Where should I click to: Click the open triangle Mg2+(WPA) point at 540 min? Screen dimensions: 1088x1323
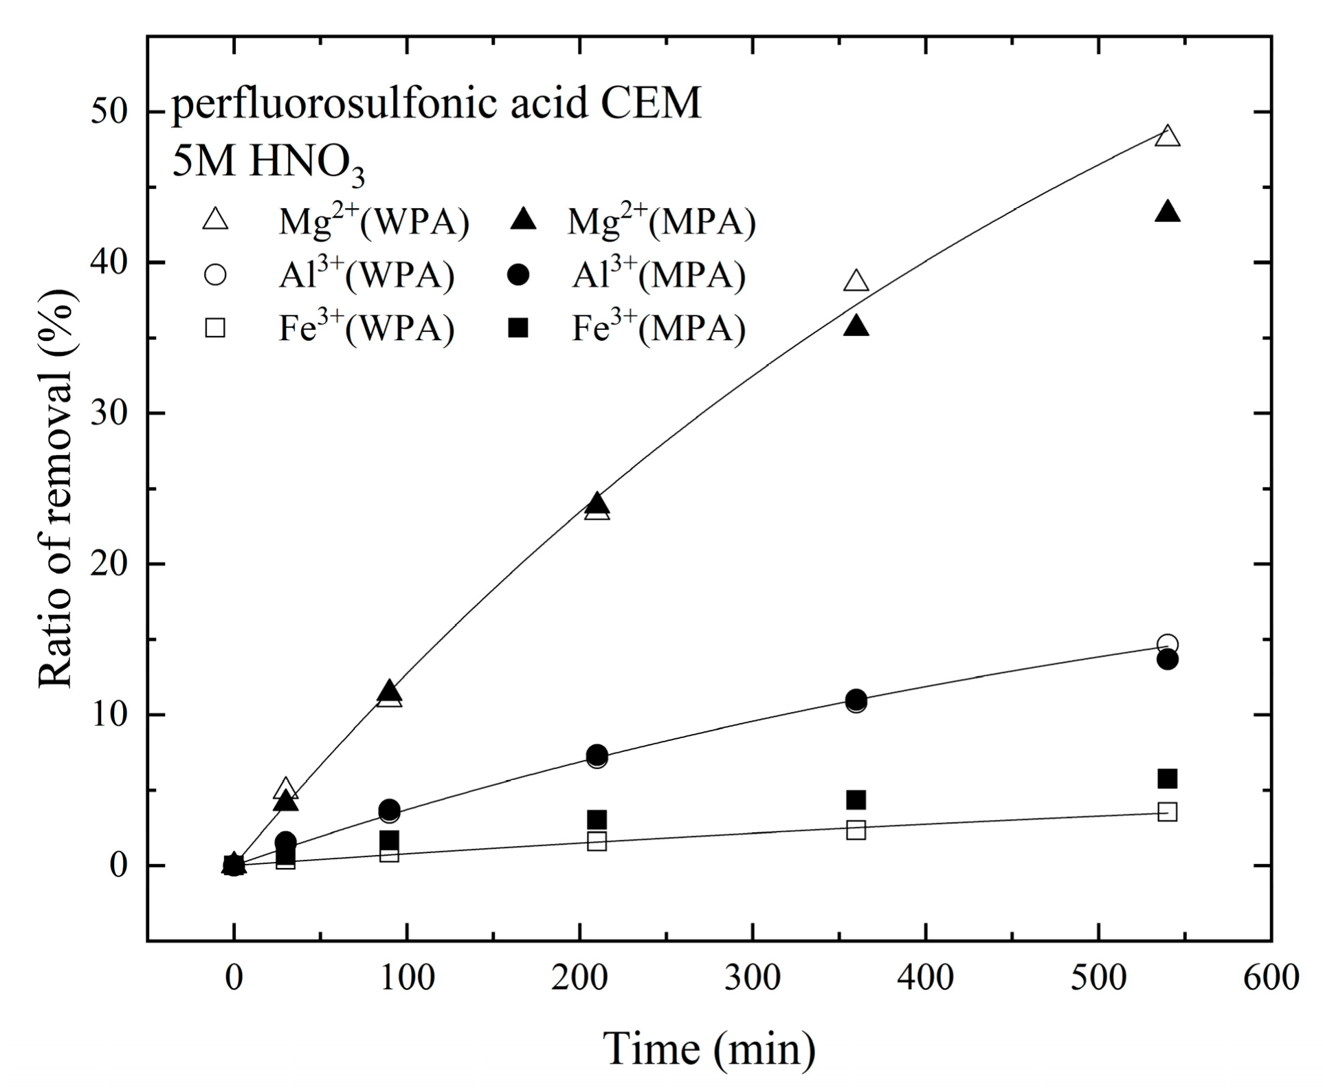point(1168,137)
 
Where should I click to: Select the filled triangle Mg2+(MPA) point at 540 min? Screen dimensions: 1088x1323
point(1168,213)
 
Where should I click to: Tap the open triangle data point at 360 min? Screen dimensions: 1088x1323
point(856,282)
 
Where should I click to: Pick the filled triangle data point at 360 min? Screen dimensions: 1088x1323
point(856,327)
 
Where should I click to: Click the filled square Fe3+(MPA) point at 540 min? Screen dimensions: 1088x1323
point(1168,779)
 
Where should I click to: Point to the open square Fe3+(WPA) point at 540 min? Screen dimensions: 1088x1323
point(1168,812)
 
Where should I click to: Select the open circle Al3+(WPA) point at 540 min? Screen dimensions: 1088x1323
point(1168,645)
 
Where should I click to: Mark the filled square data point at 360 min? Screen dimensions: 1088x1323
point(856,799)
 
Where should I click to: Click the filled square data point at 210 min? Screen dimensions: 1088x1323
point(597,819)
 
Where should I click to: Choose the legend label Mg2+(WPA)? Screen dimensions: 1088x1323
point(373,221)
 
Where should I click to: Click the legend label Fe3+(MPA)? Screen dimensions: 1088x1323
point(658,329)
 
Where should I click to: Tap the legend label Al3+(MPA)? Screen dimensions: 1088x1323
point(658,275)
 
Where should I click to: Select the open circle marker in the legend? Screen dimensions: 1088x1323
point(216,275)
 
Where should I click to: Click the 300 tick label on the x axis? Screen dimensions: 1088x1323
point(753,977)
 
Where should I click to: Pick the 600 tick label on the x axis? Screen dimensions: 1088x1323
point(1271,977)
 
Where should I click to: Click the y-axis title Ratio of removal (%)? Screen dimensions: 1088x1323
point(56,488)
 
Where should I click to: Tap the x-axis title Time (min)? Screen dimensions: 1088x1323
point(709,1048)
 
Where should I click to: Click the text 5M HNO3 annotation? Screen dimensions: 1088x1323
point(268,163)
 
